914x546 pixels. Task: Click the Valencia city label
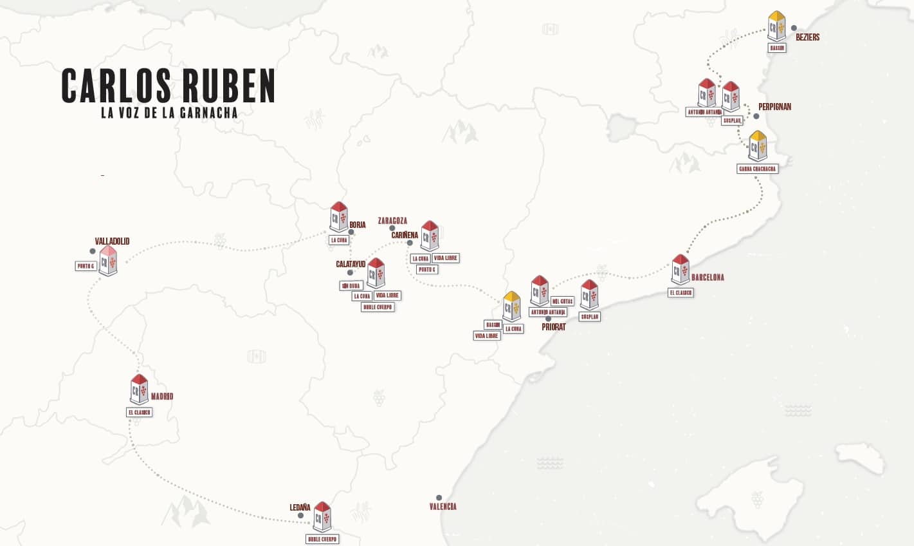tap(443, 507)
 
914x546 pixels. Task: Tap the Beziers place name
tap(807, 37)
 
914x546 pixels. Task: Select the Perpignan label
tap(774, 107)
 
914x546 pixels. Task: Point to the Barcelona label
tap(708, 278)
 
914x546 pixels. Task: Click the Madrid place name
tap(161, 397)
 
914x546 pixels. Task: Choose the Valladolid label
tap(112, 241)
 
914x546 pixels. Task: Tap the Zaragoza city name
tap(392, 221)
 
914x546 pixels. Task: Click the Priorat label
tap(553, 327)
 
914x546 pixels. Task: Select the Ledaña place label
tap(300, 507)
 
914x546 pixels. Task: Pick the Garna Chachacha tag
tap(757, 169)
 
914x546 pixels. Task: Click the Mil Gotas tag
tap(562, 301)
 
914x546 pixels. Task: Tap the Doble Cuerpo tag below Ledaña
tap(322, 539)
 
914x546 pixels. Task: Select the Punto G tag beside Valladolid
tap(86, 266)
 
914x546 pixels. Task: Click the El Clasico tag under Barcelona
tap(681, 292)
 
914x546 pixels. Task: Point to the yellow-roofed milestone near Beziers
tap(776, 26)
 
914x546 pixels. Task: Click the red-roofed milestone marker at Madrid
tap(139, 390)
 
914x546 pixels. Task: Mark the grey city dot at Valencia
tap(439, 498)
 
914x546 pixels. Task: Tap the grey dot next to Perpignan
tap(756, 117)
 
